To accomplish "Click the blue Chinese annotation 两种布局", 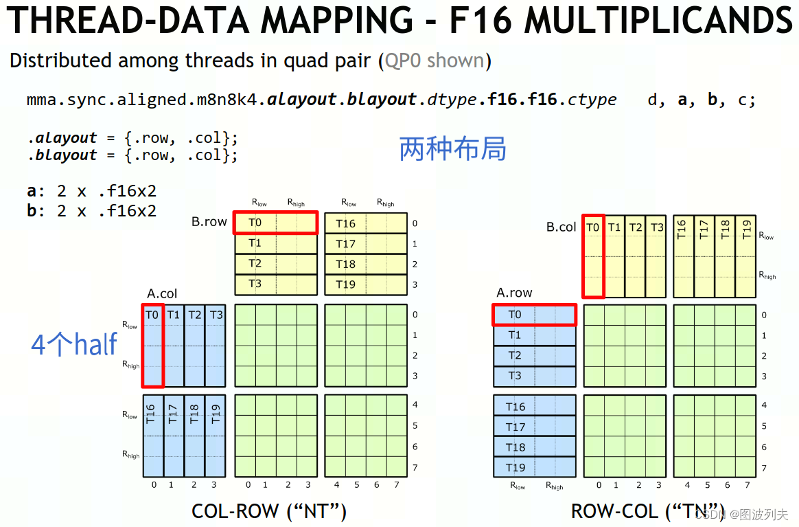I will tap(452, 148).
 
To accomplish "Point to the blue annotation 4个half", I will tap(74, 344).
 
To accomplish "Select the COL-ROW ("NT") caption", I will tap(269, 511).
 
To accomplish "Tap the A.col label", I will tap(162, 293).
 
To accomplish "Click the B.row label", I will tap(209, 222).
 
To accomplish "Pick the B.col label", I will tap(561, 227).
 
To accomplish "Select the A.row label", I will tap(514, 293).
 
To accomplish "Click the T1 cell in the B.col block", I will tap(614, 227).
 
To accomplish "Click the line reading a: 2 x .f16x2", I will tap(91, 191).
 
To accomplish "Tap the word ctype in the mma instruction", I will tap(592, 100).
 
